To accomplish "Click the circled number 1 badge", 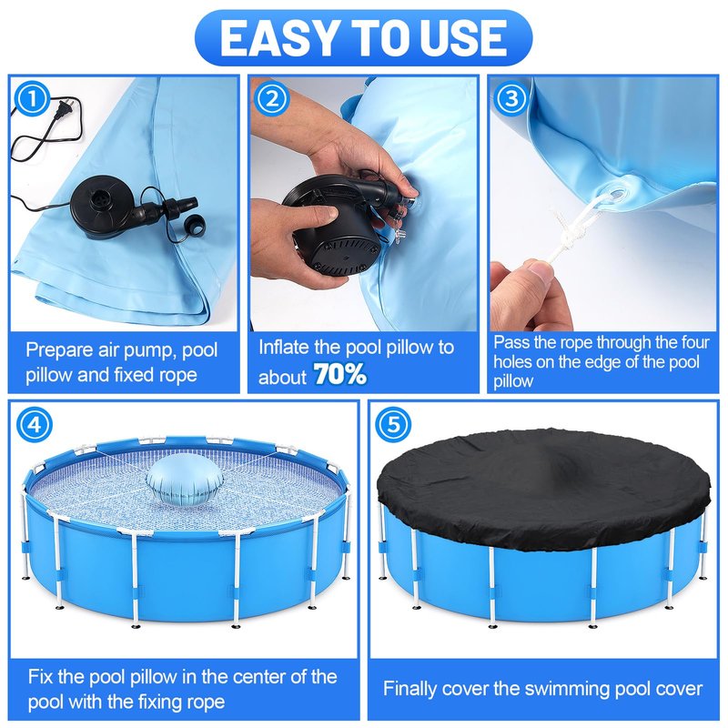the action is point(32,98).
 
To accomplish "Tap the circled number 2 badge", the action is point(272,98).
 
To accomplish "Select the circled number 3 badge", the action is point(511,98).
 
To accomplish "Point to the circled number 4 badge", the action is point(34,424).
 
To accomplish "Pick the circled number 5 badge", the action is point(393,424).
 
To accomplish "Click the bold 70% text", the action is point(340,374).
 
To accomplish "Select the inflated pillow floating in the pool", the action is point(185,485).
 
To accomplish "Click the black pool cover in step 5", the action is point(543,489).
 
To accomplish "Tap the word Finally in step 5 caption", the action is point(410,689).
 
